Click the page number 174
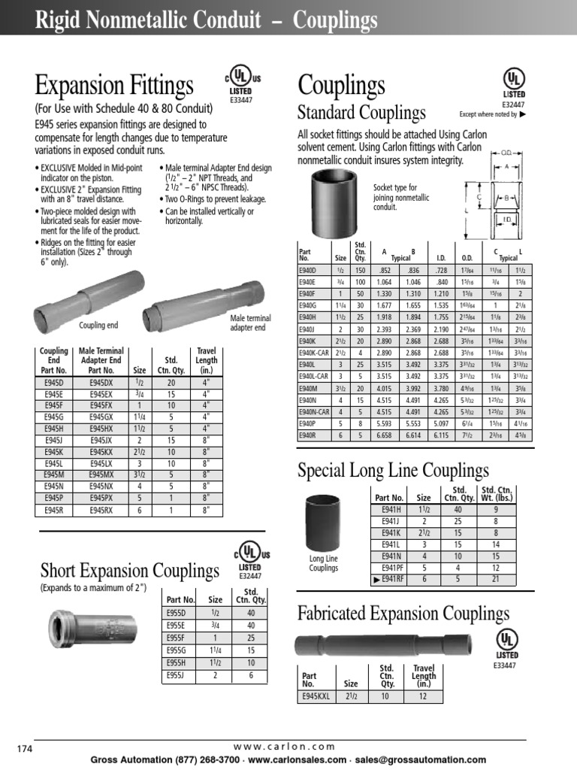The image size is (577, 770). pos(26,748)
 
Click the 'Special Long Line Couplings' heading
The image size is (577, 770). pos(393,471)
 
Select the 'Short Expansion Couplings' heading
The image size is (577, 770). pos(129,570)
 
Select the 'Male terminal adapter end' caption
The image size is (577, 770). pos(250,323)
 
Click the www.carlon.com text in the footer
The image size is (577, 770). pos(284,746)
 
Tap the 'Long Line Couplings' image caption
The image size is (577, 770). pos(324,563)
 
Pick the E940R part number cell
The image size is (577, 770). pos(308,435)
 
